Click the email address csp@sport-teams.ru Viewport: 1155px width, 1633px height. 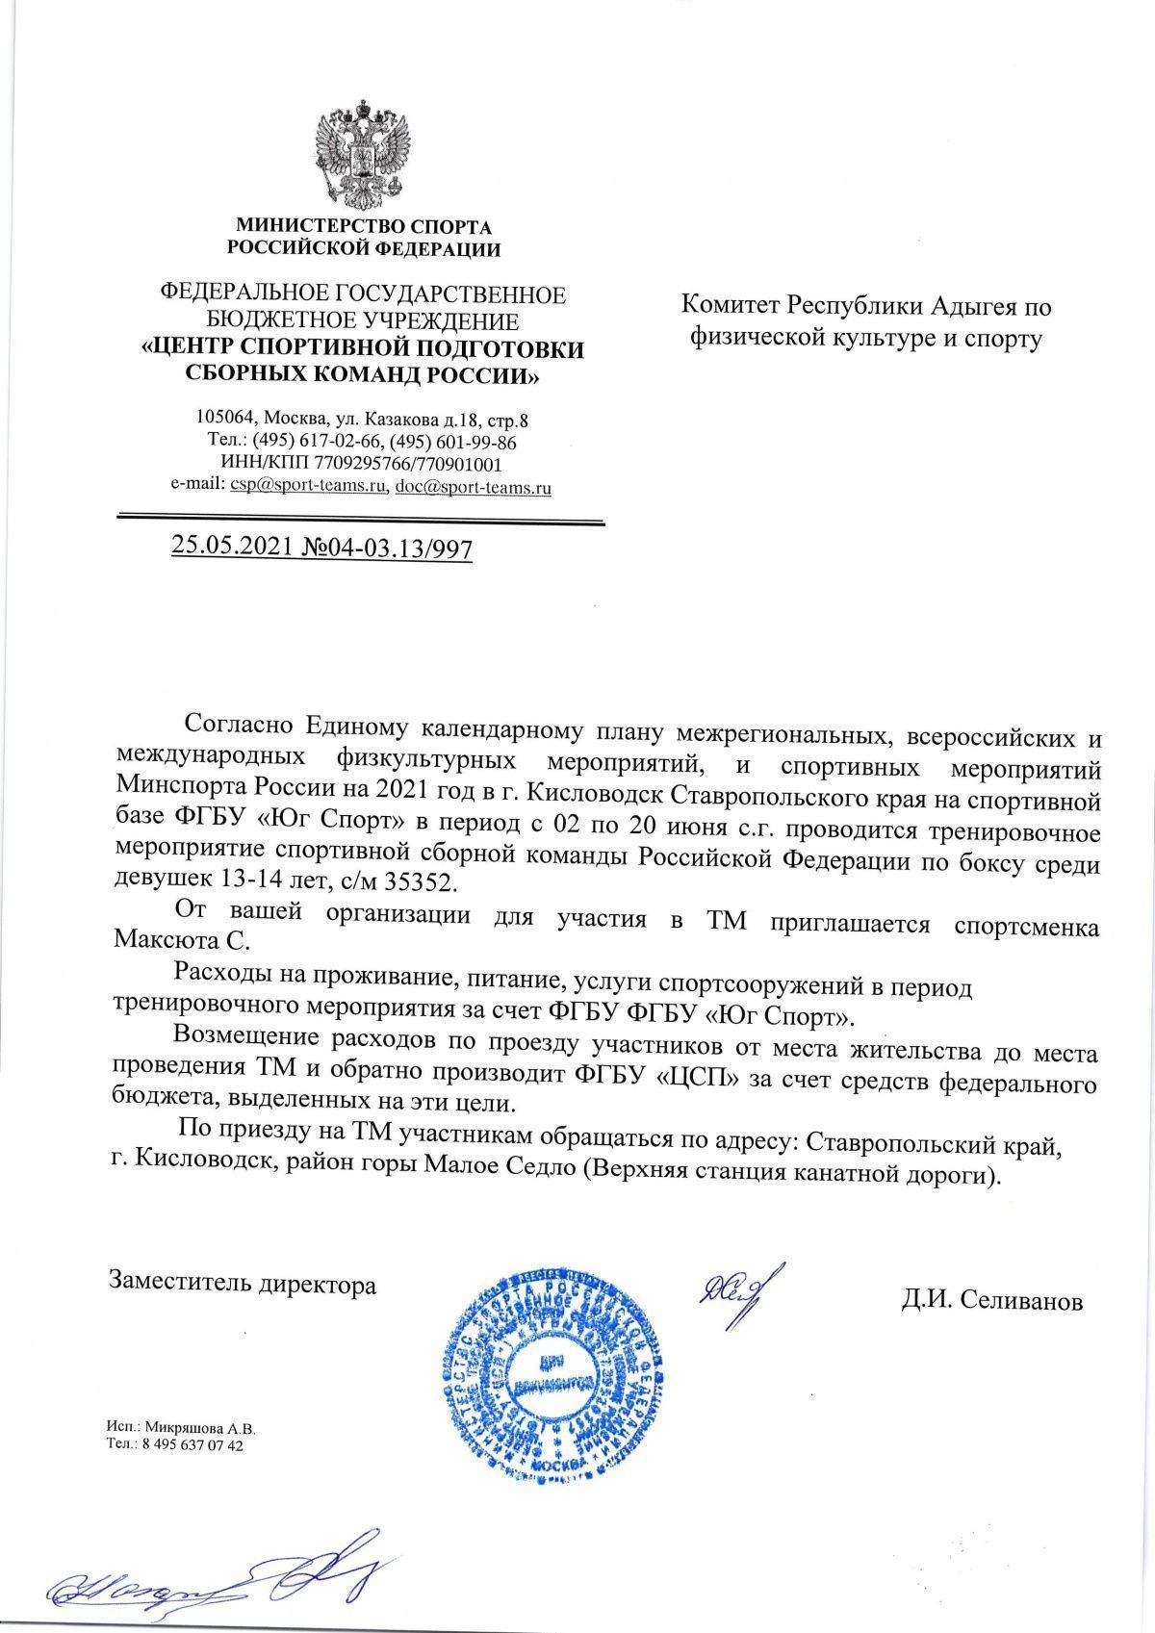pyautogui.click(x=307, y=487)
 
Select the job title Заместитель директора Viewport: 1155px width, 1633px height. pyautogui.click(x=243, y=1284)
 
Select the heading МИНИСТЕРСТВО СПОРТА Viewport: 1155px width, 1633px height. pyautogui.click(x=364, y=228)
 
